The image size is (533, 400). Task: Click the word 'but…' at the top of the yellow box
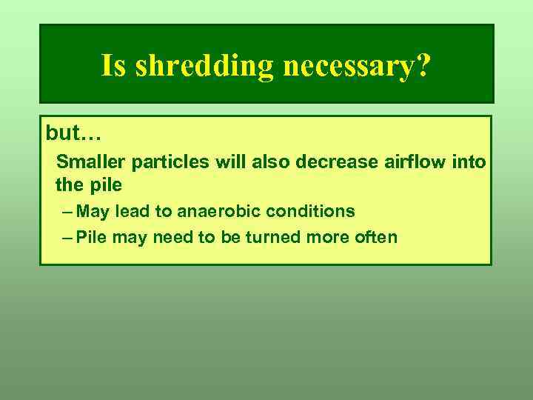point(73,133)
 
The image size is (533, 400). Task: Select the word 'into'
point(469,161)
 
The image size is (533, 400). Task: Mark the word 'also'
point(270,161)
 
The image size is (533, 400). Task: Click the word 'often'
point(377,238)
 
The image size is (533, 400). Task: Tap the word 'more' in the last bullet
point(335,238)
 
